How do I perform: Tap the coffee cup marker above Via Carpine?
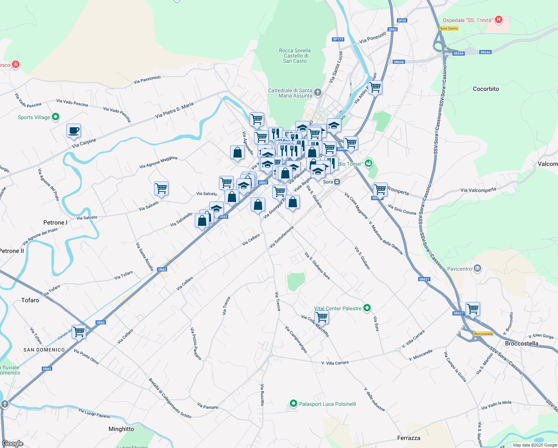click(x=74, y=131)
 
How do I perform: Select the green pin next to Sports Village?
click(x=56, y=117)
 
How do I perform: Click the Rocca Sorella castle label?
click(x=295, y=56)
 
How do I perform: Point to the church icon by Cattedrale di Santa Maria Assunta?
click(x=317, y=92)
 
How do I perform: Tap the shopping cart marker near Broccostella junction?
click(x=473, y=309)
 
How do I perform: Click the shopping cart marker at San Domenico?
click(x=79, y=332)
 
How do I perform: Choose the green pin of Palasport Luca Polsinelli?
click(x=293, y=404)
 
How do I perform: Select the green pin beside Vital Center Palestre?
click(x=367, y=308)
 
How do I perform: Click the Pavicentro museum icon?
click(x=477, y=268)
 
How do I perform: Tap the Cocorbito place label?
click(x=486, y=89)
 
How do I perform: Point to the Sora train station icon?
click(x=337, y=182)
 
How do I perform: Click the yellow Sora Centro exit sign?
click(x=449, y=28)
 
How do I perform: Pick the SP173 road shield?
click(x=338, y=39)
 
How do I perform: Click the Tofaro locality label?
click(x=30, y=300)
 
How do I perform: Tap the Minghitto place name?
click(x=121, y=429)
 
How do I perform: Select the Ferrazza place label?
click(x=409, y=438)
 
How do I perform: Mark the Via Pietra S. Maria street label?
click(x=174, y=111)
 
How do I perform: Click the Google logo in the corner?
click(x=13, y=444)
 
